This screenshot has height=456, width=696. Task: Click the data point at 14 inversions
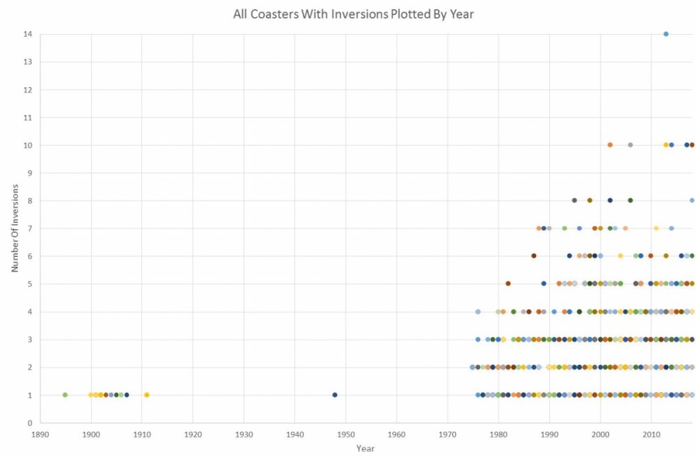(x=666, y=34)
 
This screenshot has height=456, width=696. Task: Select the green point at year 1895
(x=65, y=395)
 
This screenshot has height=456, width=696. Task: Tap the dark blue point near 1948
(x=335, y=395)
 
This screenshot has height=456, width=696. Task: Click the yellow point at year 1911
(x=147, y=395)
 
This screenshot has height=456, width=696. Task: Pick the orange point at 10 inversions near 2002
(x=610, y=145)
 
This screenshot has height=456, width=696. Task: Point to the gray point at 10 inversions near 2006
(x=630, y=145)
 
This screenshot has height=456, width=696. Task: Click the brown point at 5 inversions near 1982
(x=508, y=283)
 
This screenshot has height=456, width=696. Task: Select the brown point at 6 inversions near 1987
(x=534, y=255)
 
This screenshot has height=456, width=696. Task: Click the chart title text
(x=354, y=14)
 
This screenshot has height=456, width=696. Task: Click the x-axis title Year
(x=365, y=448)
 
